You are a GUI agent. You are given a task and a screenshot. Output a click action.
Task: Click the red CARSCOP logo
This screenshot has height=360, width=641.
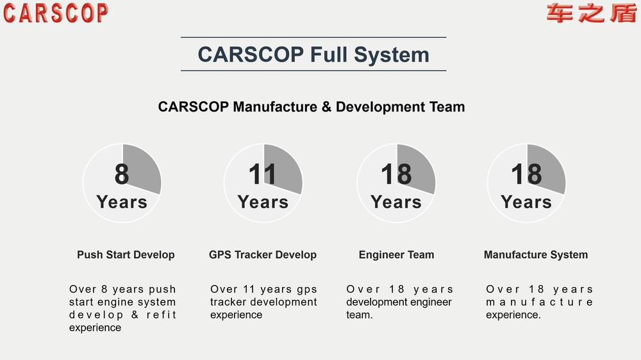pyautogui.click(x=56, y=13)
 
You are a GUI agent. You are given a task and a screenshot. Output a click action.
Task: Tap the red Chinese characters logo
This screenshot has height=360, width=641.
pyautogui.click(x=592, y=13)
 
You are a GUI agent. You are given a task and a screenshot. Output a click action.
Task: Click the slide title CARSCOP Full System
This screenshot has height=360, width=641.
pyautogui.click(x=313, y=54)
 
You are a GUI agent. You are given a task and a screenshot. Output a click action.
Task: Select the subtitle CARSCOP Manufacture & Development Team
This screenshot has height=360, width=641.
pyautogui.click(x=312, y=106)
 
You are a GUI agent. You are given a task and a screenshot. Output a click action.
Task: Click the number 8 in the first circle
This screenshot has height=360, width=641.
pyautogui.click(x=122, y=174)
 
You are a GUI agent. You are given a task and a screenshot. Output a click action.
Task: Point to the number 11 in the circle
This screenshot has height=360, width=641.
pyautogui.click(x=262, y=174)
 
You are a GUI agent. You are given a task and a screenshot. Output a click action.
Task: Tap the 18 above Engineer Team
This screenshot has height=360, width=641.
pyautogui.click(x=396, y=174)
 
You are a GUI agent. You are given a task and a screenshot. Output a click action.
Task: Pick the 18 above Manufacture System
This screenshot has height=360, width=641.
pyautogui.click(x=526, y=174)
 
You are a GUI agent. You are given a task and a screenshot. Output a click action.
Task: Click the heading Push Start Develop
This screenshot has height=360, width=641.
pyautogui.click(x=126, y=254)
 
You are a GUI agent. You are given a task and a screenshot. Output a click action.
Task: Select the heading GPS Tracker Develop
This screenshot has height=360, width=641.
pyautogui.click(x=263, y=254)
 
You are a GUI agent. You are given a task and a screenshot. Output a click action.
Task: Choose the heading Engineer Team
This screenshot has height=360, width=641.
pyautogui.click(x=397, y=254)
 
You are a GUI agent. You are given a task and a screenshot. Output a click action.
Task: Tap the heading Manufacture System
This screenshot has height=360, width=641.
pyautogui.click(x=536, y=254)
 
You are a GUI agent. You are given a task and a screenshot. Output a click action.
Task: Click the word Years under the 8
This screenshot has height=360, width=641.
pyautogui.click(x=122, y=202)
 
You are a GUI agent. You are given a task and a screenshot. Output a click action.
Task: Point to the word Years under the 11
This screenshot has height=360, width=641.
pyautogui.click(x=263, y=202)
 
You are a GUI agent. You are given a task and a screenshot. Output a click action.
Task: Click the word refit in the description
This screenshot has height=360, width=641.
pyautogui.click(x=161, y=315)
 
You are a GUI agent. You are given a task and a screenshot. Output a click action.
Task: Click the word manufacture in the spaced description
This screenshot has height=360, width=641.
pyautogui.click(x=539, y=302)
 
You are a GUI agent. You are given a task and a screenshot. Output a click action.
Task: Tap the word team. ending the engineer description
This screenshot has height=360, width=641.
pyautogui.click(x=360, y=315)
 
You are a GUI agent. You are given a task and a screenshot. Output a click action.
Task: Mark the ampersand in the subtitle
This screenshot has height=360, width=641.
pyautogui.click(x=326, y=106)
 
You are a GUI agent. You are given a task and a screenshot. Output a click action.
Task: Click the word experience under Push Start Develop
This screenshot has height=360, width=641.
pyautogui.click(x=95, y=328)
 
